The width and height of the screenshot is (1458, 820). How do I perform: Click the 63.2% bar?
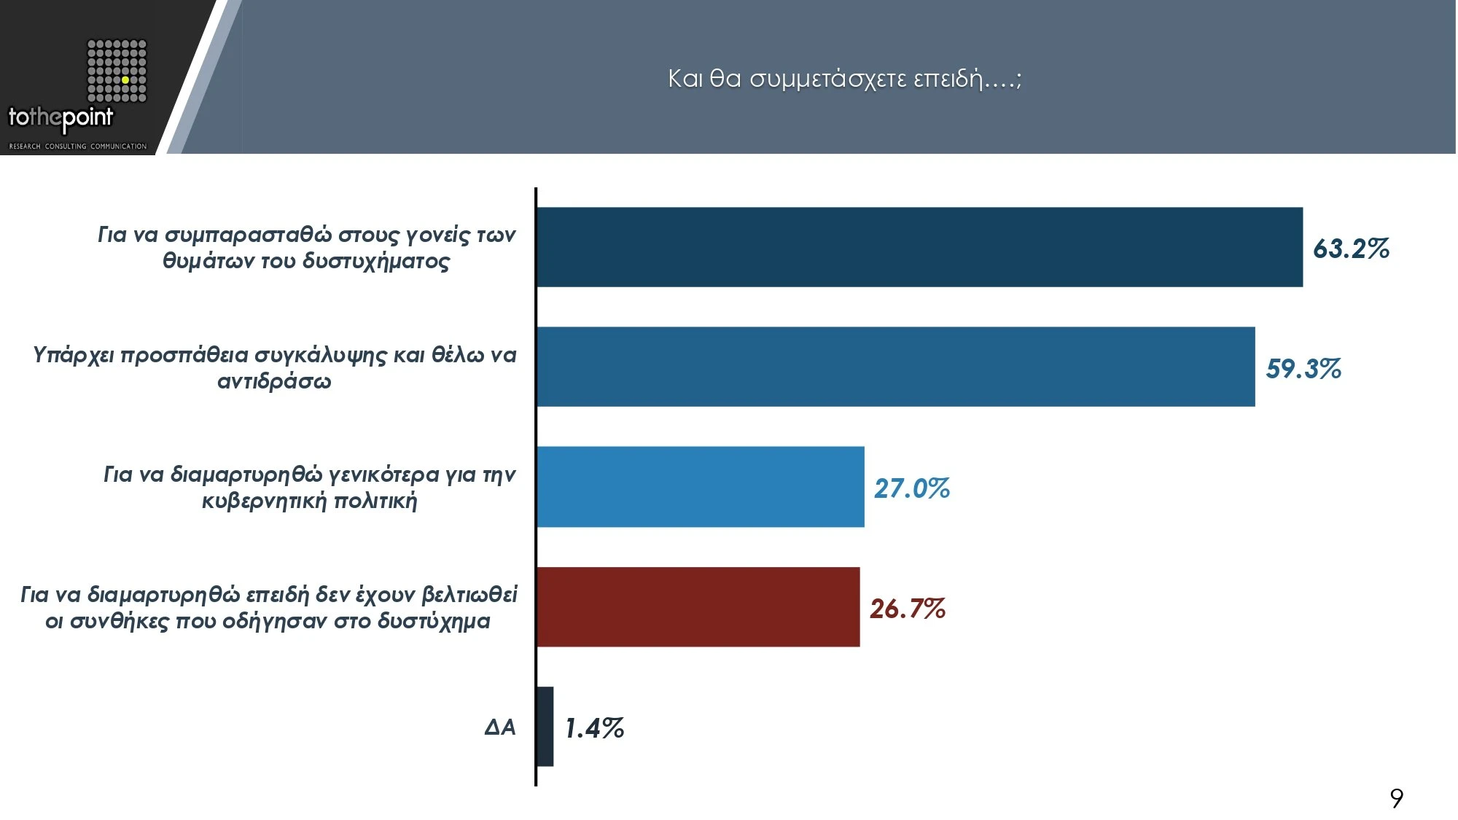(919, 247)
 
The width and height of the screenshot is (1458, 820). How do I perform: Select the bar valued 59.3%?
(895, 367)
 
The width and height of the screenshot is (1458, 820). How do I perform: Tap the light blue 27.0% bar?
(700, 487)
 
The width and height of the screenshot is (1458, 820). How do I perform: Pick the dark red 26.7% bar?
(698, 607)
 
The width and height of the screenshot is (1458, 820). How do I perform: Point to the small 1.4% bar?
(545, 727)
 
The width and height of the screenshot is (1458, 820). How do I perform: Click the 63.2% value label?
(1351, 249)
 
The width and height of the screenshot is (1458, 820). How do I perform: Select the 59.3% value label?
(1303, 369)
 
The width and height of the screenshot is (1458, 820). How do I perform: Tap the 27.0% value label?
(912, 488)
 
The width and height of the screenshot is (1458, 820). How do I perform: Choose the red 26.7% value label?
(908, 609)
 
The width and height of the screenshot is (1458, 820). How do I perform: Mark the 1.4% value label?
(595, 728)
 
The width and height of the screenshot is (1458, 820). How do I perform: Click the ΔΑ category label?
(500, 727)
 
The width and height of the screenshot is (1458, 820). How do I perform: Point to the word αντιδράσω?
(274, 381)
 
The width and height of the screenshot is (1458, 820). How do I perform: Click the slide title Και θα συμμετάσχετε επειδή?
(844, 78)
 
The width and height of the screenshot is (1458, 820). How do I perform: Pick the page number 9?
(1396, 798)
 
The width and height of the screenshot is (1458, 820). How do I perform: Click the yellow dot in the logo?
(125, 79)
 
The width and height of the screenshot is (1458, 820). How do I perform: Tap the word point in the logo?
(87, 117)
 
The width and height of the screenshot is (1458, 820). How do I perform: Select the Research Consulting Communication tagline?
(78, 147)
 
